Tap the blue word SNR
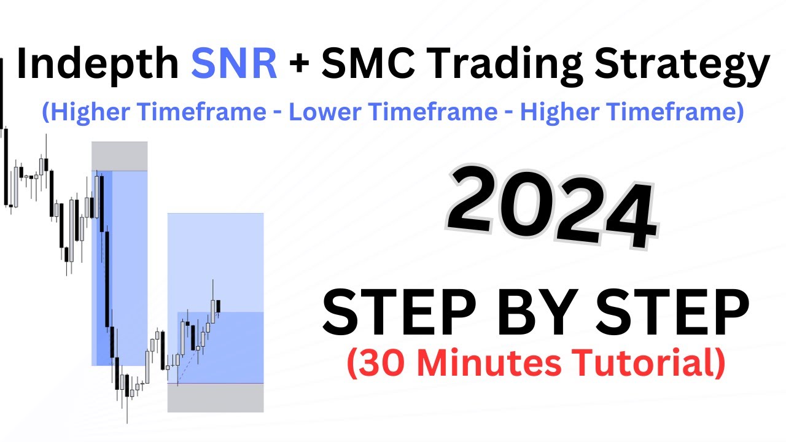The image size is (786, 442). click(234, 66)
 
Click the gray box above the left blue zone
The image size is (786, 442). click(120, 156)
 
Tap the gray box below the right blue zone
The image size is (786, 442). click(216, 397)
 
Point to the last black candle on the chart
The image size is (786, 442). click(219, 305)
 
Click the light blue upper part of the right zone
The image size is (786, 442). click(216, 258)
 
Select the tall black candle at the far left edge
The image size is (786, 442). click(6, 166)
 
